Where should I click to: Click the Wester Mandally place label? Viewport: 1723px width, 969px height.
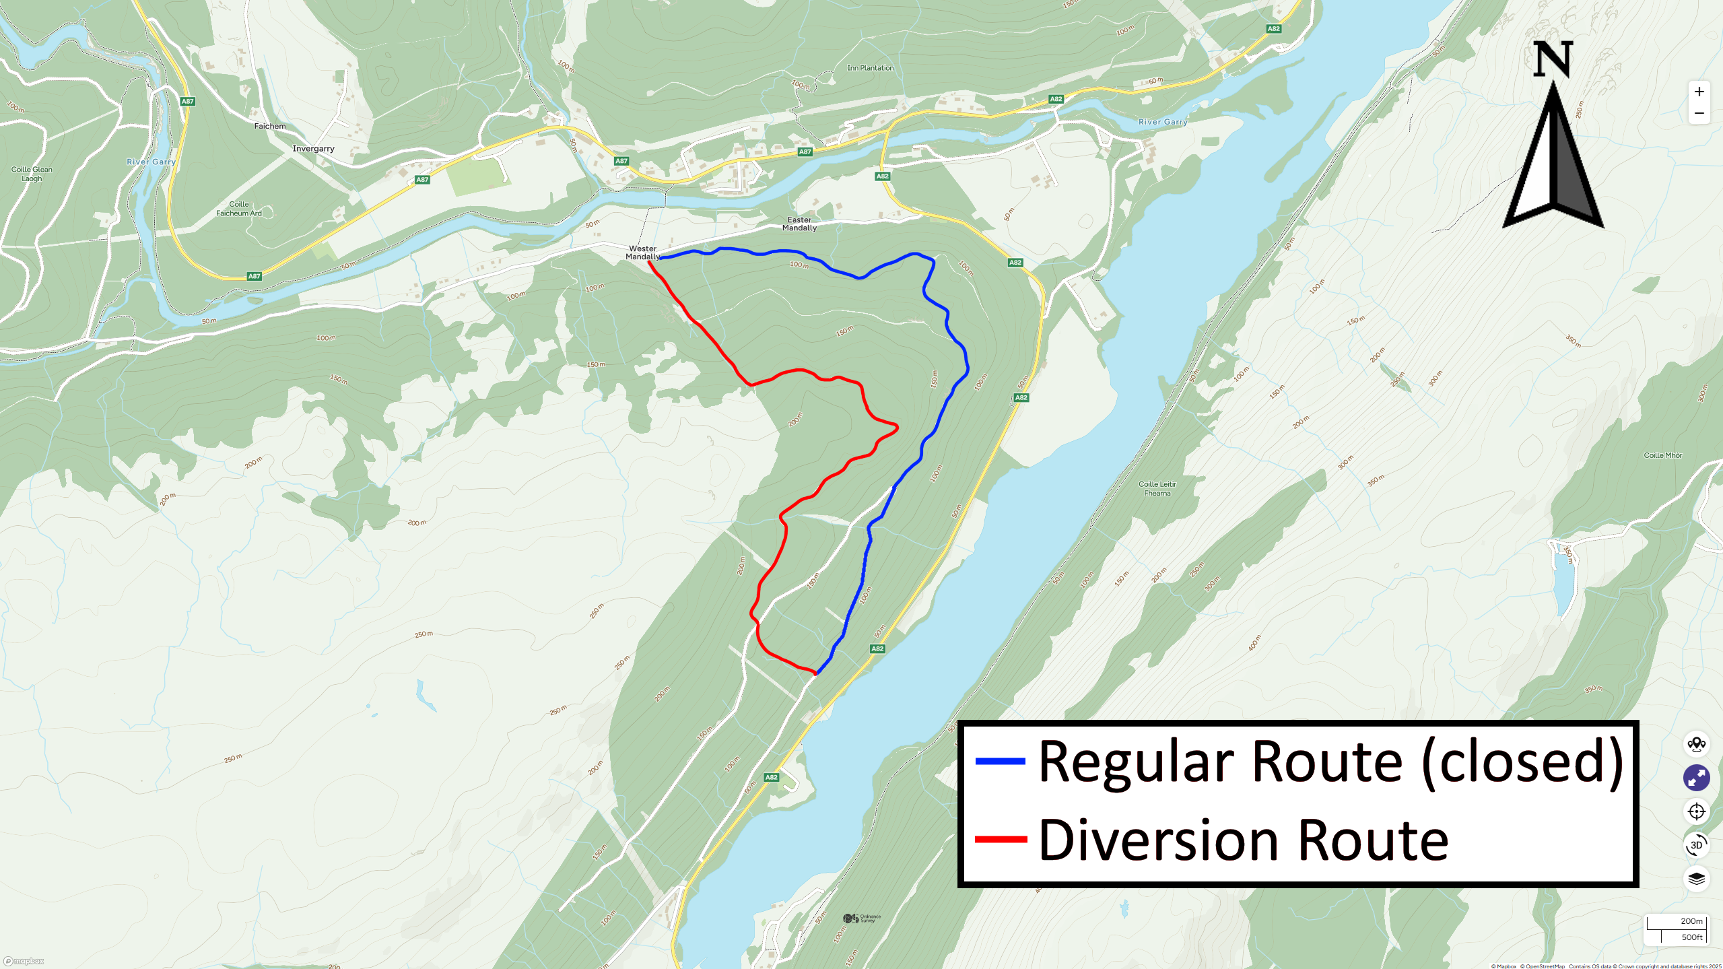click(642, 253)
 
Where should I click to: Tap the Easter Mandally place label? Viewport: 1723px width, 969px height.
click(799, 224)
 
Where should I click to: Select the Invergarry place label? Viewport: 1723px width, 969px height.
click(313, 149)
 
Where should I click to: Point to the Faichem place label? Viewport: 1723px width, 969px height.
click(269, 127)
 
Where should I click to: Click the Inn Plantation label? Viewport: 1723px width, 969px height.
click(870, 68)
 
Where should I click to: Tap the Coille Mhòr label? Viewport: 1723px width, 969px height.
click(1662, 456)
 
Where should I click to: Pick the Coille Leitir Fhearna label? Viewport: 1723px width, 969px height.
click(1157, 489)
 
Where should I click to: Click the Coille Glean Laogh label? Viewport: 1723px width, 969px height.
click(32, 174)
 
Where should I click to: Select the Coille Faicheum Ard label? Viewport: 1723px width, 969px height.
click(238, 209)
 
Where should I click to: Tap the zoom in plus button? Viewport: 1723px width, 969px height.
click(1699, 92)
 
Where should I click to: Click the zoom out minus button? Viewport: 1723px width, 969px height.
click(1699, 113)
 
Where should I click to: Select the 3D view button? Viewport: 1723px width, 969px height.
click(1696, 845)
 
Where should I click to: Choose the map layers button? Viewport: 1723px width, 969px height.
click(1696, 879)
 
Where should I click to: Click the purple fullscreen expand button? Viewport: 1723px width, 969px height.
click(1696, 778)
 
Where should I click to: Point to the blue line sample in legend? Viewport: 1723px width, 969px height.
click(1001, 762)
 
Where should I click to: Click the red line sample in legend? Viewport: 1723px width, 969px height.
click(1001, 840)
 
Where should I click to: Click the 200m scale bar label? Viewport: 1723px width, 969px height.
click(1691, 921)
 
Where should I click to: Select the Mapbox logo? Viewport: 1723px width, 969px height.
click(24, 961)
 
